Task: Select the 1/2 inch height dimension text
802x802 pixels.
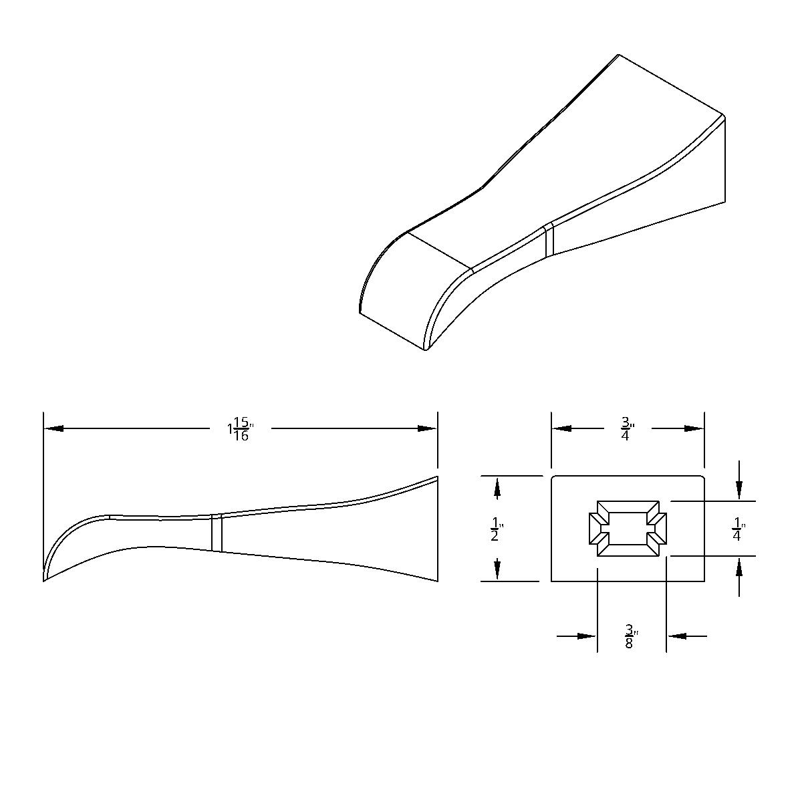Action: click(495, 529)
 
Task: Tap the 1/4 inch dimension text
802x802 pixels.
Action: click(737, 529)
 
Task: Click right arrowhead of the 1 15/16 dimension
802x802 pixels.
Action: click(428, 428)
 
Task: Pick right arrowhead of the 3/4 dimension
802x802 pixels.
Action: click(694, 428)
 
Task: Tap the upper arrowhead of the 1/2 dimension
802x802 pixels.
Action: click(497, 489)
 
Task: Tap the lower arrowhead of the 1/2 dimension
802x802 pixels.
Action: click(497, 569)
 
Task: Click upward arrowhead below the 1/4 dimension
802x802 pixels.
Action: click(739, 567)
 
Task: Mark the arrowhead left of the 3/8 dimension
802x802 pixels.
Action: click(587, 636)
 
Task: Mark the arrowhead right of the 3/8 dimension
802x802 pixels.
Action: click(677, 636)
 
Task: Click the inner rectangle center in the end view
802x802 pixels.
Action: click(628, 528)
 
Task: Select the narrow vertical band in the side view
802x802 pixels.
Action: click(217, 533)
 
